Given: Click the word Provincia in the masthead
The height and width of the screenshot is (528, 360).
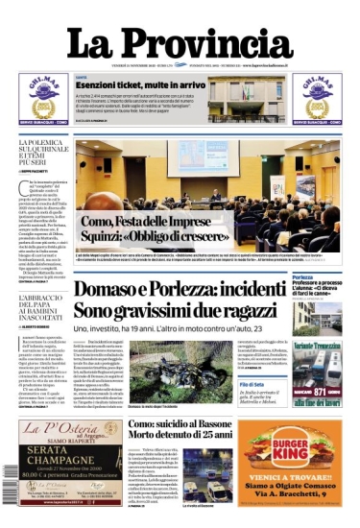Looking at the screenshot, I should pyautogui.click(x=210, y=43).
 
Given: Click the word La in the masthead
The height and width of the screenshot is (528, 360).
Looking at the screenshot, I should pyautogui.click(x=95, y=43).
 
